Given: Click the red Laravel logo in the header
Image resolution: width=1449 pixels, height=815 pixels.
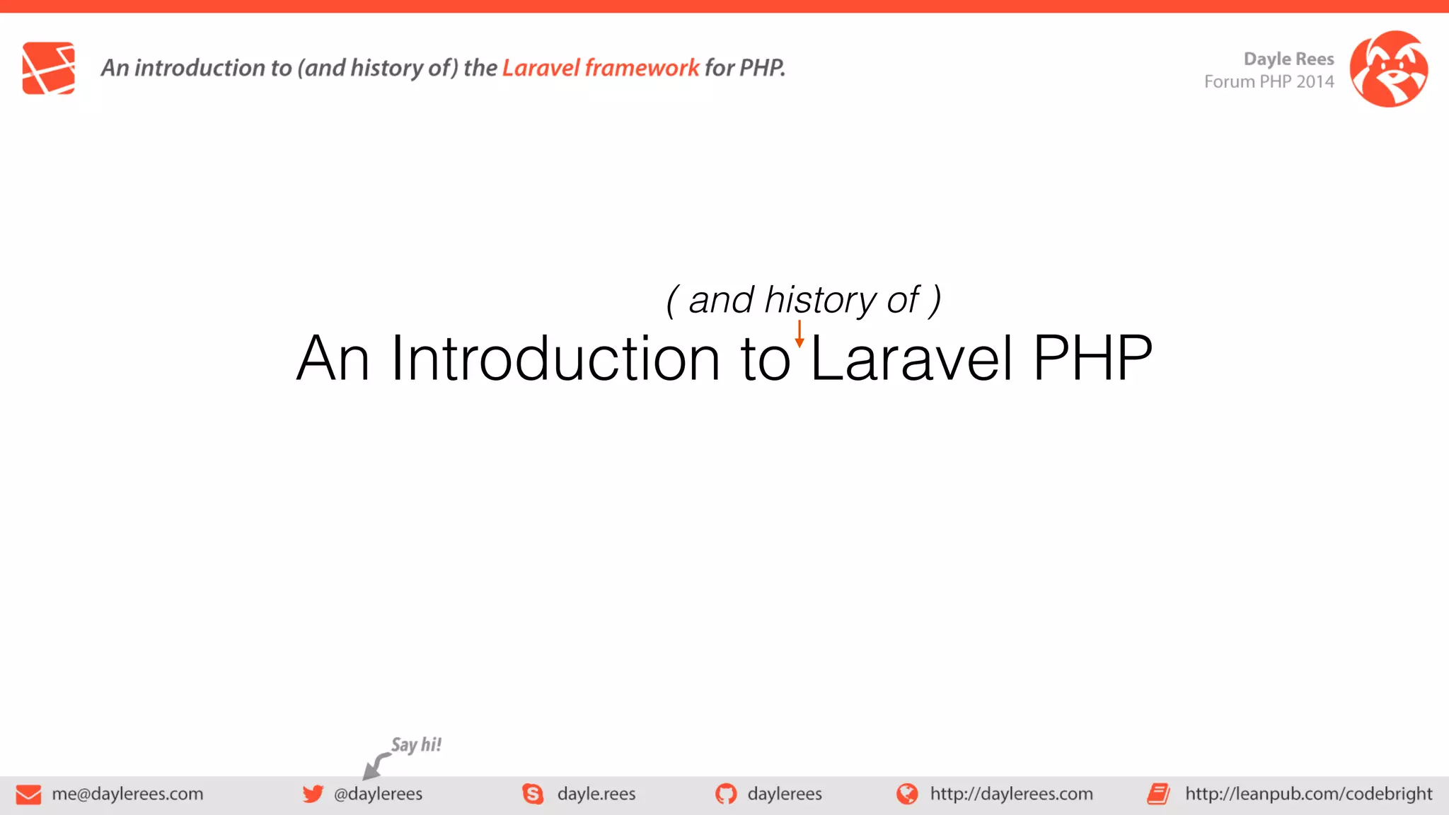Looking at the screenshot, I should tap(48, 68).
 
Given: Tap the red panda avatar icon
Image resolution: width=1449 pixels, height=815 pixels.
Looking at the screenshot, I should tap(1388, 69).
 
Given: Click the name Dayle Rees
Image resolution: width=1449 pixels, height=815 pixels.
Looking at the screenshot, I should tap(1288, 59).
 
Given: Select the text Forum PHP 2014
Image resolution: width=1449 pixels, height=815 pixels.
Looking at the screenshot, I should tap(1269, 82).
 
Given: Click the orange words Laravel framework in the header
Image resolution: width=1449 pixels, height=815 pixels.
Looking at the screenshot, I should tap(600, 68).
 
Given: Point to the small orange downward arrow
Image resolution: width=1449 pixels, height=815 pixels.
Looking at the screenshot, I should tap(799, 334).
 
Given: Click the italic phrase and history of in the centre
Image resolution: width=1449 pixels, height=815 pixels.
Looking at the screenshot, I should tap(803, 300).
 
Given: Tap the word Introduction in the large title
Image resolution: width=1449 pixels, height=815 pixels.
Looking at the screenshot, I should tap(555, 358).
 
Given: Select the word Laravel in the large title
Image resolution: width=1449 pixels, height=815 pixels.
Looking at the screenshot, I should tap(912, 358).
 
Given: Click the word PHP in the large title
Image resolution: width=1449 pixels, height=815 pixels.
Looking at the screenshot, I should tap(1092, 358).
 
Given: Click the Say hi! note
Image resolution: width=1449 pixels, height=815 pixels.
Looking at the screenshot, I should tap(416, 745).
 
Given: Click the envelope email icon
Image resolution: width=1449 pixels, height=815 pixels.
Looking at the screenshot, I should tap(28, 794).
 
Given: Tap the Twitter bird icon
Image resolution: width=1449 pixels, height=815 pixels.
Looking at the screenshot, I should tap(313, 794).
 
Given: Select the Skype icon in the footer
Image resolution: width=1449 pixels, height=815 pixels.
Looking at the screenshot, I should tap(533, 794).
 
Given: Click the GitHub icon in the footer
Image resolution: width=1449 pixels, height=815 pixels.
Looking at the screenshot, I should tap(726, 794).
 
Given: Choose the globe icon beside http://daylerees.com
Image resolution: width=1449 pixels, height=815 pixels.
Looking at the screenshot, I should tap(907, 794).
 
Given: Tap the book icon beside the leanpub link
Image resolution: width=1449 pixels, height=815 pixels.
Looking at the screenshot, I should tap(1158, 794).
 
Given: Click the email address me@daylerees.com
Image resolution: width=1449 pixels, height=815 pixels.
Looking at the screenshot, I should tap(127, 794).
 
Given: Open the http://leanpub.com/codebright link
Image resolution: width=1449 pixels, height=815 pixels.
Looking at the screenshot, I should tap(1308, 794).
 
